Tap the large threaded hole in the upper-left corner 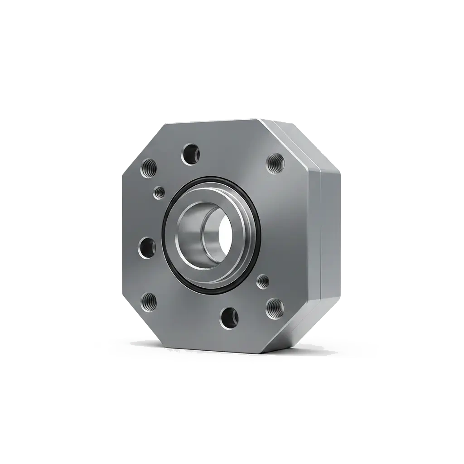click(x=149, y=169)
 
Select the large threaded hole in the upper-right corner click(x=275, y=161)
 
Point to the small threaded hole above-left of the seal click(x=159, y=193)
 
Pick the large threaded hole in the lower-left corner click(x=149, y=302)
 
